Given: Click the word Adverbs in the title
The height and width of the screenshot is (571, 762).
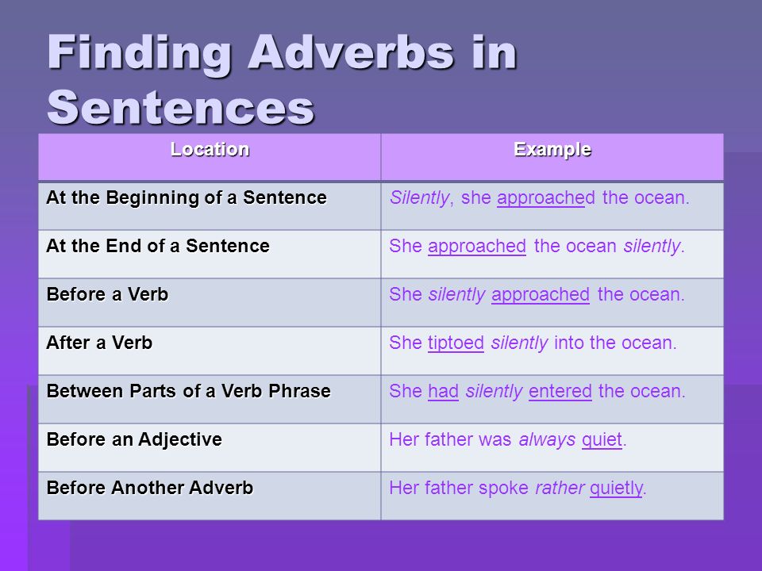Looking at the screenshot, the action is click(351, 52).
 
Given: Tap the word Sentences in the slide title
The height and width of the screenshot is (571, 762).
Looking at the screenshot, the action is click(181, 107).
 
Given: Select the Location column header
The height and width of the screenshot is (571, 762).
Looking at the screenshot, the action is click(210, 149).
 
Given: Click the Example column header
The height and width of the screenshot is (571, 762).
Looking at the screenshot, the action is click(552, 150).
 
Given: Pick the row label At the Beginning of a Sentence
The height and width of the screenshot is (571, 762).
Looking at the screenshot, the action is click(187, 197).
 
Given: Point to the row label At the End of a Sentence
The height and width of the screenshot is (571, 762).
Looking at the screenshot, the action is click(158, 246).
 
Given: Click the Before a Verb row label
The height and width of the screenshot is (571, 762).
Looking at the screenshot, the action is click(107, 294).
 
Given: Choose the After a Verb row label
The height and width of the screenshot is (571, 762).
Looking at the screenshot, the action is click(100, 343).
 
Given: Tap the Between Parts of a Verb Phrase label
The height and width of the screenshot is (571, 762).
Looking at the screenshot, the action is click(189, 391).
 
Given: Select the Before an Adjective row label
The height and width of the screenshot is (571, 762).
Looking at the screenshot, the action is click(135, 440).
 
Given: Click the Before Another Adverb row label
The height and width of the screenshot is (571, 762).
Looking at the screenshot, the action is click(150, 488).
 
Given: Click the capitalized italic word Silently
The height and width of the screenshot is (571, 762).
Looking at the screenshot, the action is click(419, 198).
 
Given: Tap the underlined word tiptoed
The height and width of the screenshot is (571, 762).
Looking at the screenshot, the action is click(456, 343).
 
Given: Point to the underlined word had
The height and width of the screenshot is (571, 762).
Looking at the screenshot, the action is click(443, 391).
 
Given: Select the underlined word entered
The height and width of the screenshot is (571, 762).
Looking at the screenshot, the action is click(560, 391).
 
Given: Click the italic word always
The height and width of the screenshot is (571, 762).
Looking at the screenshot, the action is click(547, 440).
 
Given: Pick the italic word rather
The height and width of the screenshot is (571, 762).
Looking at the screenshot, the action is click(560, 488).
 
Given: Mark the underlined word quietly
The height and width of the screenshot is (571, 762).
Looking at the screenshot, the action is click(616, 489).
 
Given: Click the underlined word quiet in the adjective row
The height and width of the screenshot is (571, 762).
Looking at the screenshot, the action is click(602, 440).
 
